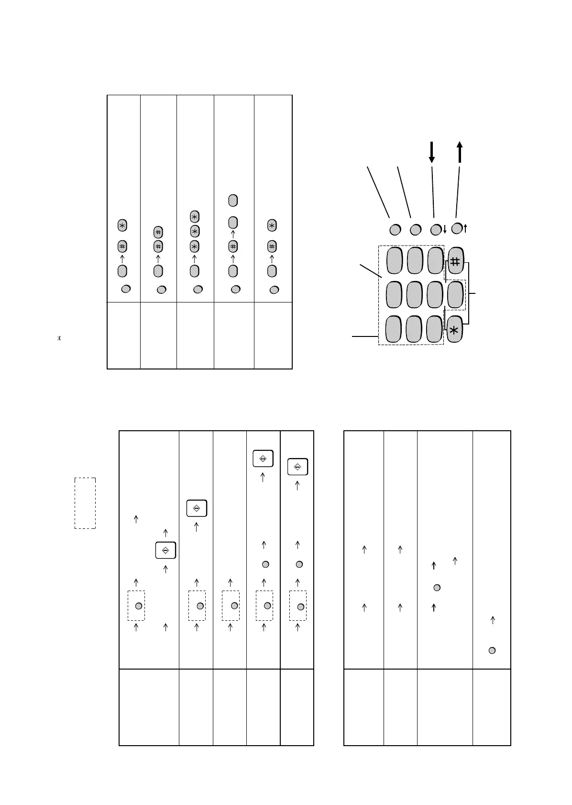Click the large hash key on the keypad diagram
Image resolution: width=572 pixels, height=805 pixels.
(455, 261)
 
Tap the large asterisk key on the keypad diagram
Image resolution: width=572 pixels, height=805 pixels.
(454, 329)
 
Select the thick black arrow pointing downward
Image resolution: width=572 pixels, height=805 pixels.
(432, 152)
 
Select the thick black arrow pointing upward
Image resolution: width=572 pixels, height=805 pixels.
(460, 152)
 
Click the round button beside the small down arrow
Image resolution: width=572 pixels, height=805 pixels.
(436, 230)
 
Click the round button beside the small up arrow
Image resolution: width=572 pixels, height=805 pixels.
(457, 228)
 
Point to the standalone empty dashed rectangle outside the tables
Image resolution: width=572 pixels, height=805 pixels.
(85, 503)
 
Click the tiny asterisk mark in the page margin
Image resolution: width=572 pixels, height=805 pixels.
(59, 339)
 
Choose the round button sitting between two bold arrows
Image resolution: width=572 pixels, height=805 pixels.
(436, 587)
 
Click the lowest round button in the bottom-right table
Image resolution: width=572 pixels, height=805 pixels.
(492, 650)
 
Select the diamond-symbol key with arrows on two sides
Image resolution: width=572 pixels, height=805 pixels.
(165, 550)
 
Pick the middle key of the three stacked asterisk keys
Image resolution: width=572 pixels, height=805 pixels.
(194, 231)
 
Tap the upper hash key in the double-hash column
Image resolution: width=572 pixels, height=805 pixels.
(158, 232)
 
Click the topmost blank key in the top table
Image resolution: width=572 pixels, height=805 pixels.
(233, 200)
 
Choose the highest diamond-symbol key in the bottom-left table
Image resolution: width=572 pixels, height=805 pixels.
(263, 458)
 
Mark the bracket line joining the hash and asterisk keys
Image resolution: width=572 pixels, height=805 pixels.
(473, 293)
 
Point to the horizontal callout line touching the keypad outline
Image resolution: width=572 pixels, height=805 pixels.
(364, 337)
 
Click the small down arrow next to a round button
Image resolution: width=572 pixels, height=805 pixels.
(445, 230)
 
